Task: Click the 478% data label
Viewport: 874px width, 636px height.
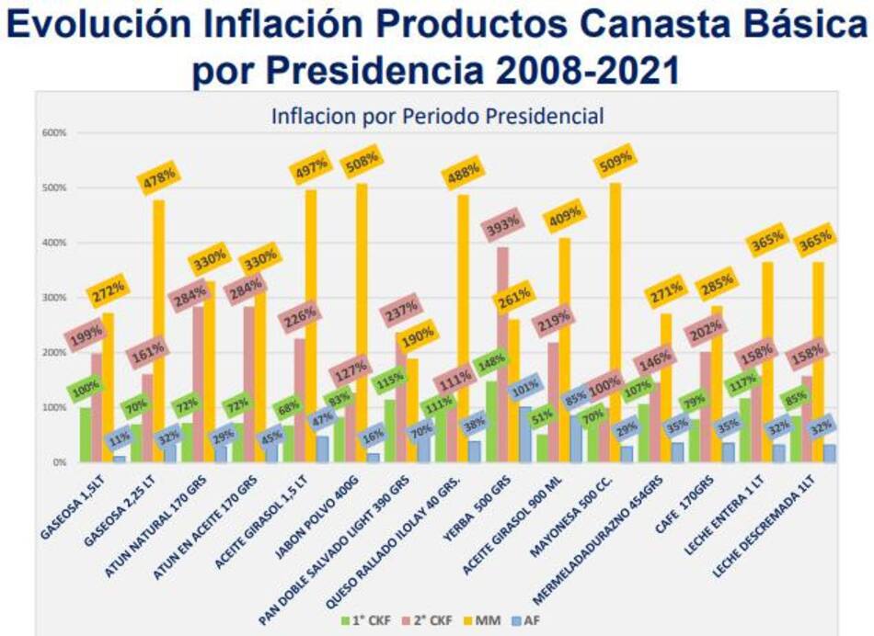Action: click(x=158, y=179)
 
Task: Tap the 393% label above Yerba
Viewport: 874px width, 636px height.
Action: click(x=504, y=225)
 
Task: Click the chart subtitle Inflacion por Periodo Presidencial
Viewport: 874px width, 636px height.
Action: click(x=437, y=117)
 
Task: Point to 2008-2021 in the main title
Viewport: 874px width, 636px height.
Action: click(x=577, y=70)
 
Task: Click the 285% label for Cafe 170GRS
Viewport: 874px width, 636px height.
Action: click(x=716, y=282)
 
